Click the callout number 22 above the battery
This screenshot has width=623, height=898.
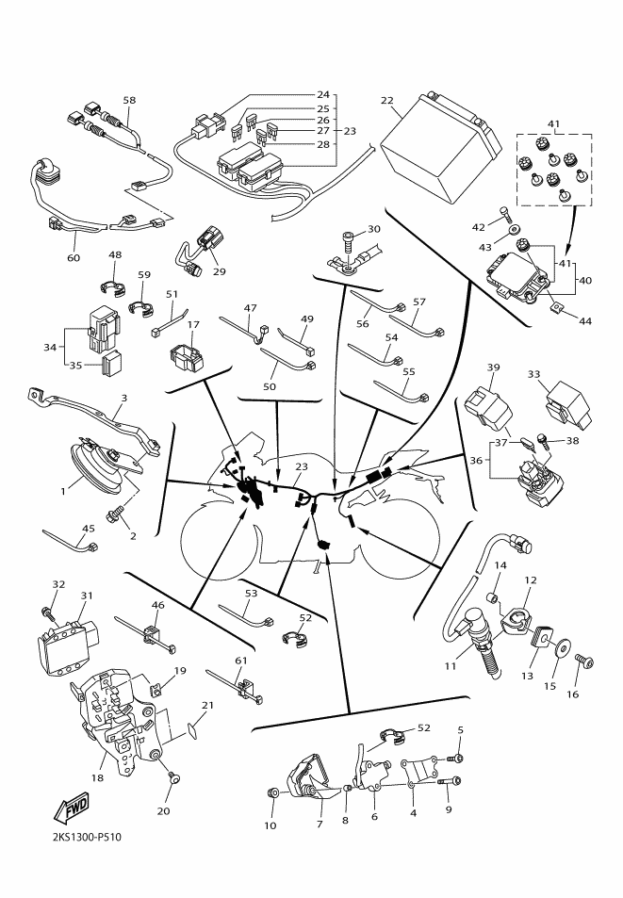386,101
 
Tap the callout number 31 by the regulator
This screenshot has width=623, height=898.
87,595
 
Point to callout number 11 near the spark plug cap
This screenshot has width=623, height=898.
451,667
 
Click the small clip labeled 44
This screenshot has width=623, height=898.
559,306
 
